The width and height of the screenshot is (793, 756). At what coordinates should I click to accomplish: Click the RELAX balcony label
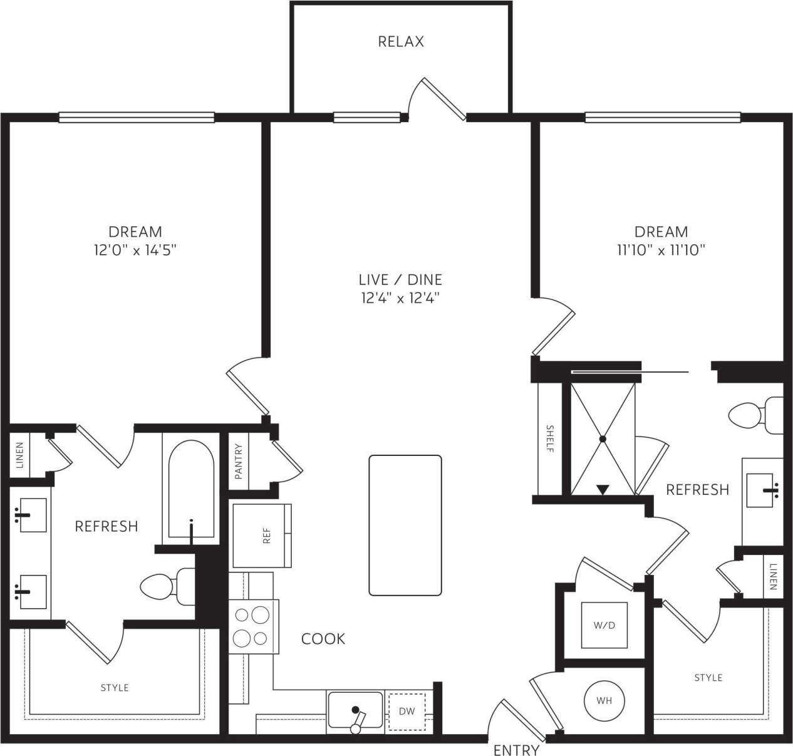pyautogui.click(x=401, y=41)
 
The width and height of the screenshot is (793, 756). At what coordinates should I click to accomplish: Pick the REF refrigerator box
pyautogui.click(x=262, y=535)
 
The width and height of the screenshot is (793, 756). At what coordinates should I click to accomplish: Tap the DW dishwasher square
pyautogui.click(x=407, y=712)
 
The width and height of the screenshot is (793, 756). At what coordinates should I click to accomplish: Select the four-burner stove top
pyautogui.click(x=252, y=627)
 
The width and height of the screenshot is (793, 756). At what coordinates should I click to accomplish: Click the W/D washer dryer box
pyautogui.click(x=604, y=625)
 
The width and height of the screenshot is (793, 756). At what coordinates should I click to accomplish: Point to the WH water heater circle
pyautogui.click(x=604, y=700)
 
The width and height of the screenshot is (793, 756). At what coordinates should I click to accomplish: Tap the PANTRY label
pyautogui.click(x=238, y=462)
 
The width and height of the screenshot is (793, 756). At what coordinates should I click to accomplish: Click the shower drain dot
pyautogui.click(x=603, y=439)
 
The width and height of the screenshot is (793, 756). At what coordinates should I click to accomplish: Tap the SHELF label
pyautogui.click(x=550, y=438)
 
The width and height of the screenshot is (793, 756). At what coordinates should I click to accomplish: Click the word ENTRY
pyautogui.click(x=516, y=750)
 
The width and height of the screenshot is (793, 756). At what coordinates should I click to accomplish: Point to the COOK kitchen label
pyautogui.click(x=323, y=638)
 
